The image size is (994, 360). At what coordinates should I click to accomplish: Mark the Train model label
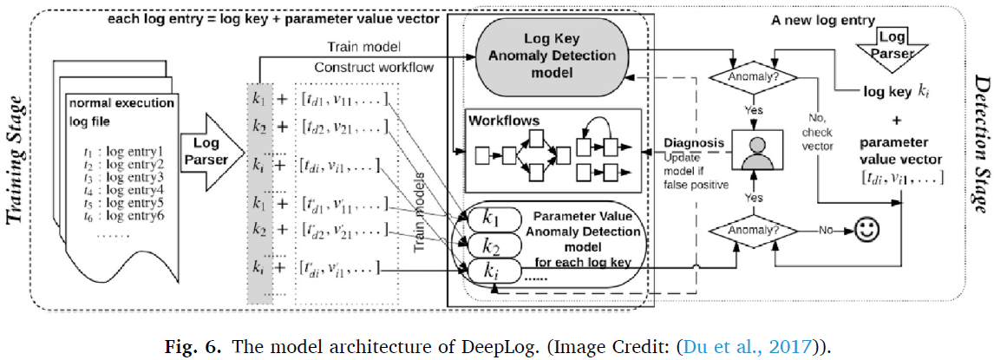(x=357, y=44)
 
